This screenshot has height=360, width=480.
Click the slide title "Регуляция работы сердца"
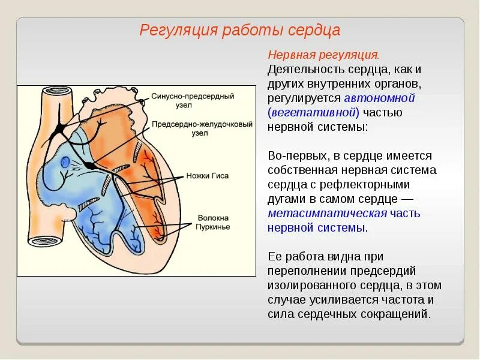coord(240,30)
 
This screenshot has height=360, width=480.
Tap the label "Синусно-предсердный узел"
coord(192,100)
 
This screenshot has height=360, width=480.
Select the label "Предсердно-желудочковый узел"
coord(193,128)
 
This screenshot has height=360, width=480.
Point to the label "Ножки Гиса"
coord(207,176)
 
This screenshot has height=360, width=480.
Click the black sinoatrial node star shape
coord(61,127)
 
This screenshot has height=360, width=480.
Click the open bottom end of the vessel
coord(45,241)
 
